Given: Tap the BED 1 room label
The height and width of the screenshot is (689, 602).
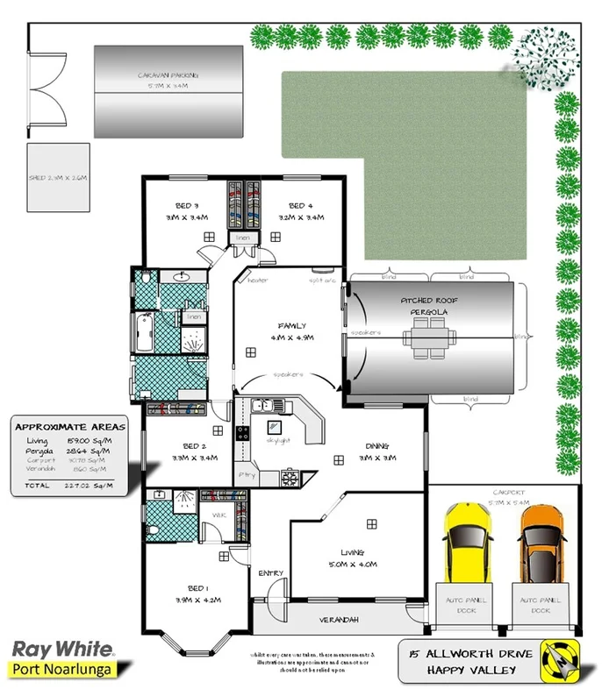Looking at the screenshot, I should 197,588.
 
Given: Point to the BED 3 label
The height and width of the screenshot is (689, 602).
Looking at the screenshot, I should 185,206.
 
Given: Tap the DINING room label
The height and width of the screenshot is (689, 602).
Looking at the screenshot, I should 376,444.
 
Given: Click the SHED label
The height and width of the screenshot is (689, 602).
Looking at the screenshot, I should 58,178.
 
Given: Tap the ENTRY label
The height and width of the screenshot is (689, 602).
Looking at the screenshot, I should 270,573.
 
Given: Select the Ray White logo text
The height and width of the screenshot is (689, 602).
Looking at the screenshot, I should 61,650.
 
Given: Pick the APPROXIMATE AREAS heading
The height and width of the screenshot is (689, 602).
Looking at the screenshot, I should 70,427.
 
